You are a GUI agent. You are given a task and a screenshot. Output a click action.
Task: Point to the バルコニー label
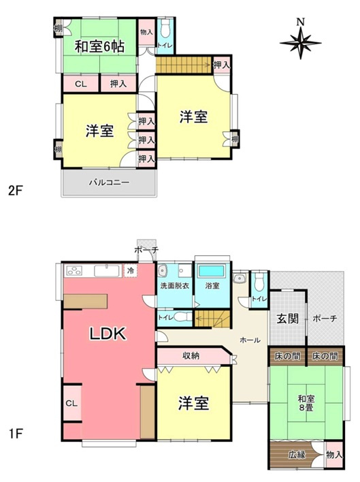109,182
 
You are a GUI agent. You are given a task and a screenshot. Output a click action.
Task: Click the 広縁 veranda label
296,454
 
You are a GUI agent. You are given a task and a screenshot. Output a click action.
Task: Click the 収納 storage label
191,355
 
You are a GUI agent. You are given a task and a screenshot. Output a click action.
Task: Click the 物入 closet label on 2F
146,32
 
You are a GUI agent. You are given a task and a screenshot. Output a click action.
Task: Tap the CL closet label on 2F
80,84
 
